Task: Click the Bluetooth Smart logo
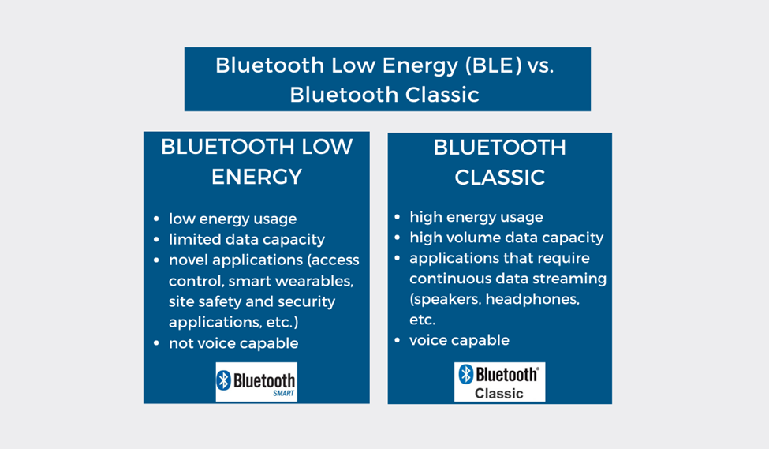click(x=256, y=382)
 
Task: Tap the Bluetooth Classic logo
click(x=499, y=382)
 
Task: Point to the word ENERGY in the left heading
click(x=256, y=177)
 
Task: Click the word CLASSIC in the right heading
click(x=499, y=178)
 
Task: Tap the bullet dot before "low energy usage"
click(x=156, y=219)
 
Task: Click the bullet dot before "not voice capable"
click(x=156, y=343)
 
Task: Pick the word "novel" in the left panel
click(x=187, y=260)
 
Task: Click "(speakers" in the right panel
click(x=445, y=299)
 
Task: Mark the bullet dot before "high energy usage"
click(x=398, y=217)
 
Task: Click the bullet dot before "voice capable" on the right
click(x=398, y=340)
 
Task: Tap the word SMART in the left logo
click(x=283, y=393)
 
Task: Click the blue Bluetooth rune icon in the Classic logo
click(x=466, y=374)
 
